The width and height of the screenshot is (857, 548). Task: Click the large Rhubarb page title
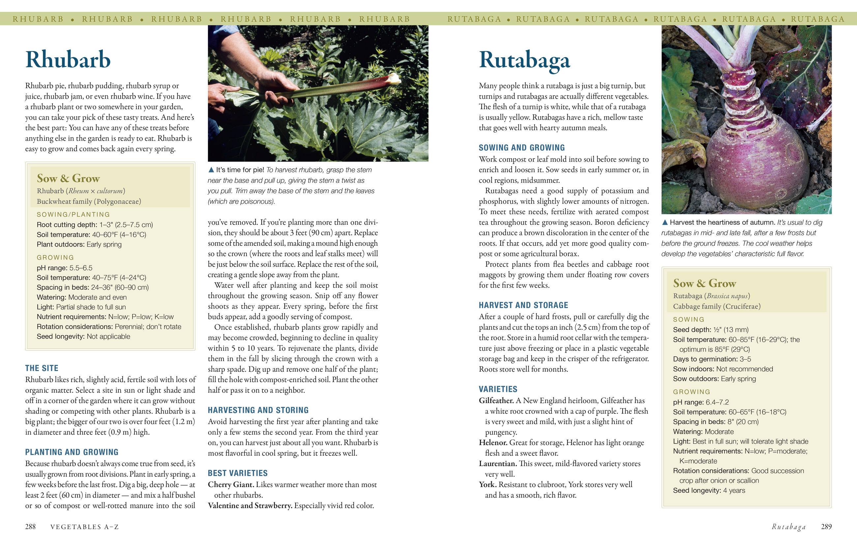tap(68, 59)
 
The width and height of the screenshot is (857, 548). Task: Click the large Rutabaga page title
tap(524, 60)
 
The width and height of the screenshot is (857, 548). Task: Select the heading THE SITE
tap(42, 368)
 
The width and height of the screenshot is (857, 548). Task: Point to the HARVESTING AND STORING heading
tap(258, 410)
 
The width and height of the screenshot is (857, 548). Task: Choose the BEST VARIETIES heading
tap(237, 473)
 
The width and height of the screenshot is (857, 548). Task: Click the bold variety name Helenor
tap(493, 443)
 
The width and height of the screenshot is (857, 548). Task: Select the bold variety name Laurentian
tap(497, 464)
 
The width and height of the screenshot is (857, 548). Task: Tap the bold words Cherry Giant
tap(231, 485)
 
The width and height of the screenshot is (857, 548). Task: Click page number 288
tap(30, 527)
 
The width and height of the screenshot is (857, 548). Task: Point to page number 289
tap(826, 527)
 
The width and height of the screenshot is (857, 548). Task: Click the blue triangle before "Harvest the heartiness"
tap(665, 222)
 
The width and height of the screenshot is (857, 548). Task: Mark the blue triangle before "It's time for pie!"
tap(211, 170)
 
